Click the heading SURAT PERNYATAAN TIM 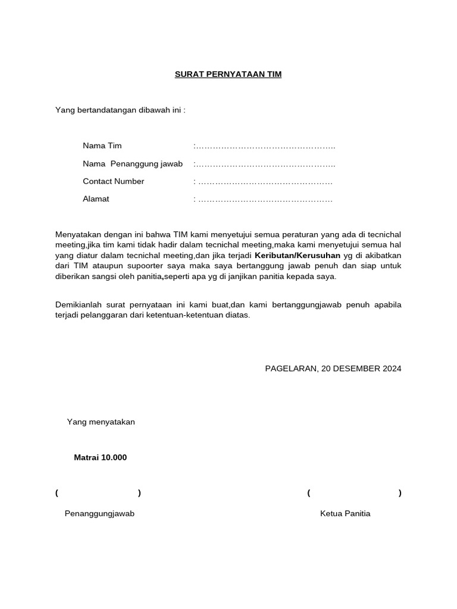pyautogui.click(x=228, y=74)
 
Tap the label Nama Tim pyautogui.click(x=102, y=146)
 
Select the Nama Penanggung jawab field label pyautogui.click(x=133, y=164)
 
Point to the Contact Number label pyautogui.click(x=113, y=181)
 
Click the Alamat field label pyautogui.click(x=96, y=199)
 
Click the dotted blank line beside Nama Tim pyautogui.click(x=265, y=146)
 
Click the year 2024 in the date pyautogui.click(x=392, y=369)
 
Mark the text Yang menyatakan pyautogui.click(x=101, y=422)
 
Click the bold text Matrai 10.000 pyautogui.click(x=100, y=458)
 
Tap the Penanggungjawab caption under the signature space pyautogui.click(x=99, y=514)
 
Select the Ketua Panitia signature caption pyautogui.click(x=345, y=514)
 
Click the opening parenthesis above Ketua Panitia pyautogui.click(x=309, y=493)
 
